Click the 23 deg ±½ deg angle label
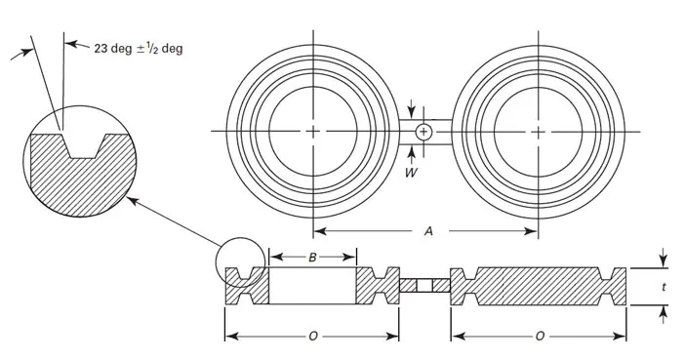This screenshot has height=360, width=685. [x=138, y=48]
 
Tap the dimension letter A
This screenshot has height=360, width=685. [x=428, y=231]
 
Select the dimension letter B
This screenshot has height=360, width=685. [x=312, y=258]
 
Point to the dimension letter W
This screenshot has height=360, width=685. [x=411, y=173]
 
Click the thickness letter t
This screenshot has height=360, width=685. [x=665, y=287]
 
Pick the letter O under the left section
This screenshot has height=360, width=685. [x=313, y=337]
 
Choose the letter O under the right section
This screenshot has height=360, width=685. [x=540, y=337]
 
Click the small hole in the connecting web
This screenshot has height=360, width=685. [x=423, y=132]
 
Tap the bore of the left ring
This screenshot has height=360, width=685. [x=313, y=131]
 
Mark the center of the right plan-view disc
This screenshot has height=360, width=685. [x=539, y=132]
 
